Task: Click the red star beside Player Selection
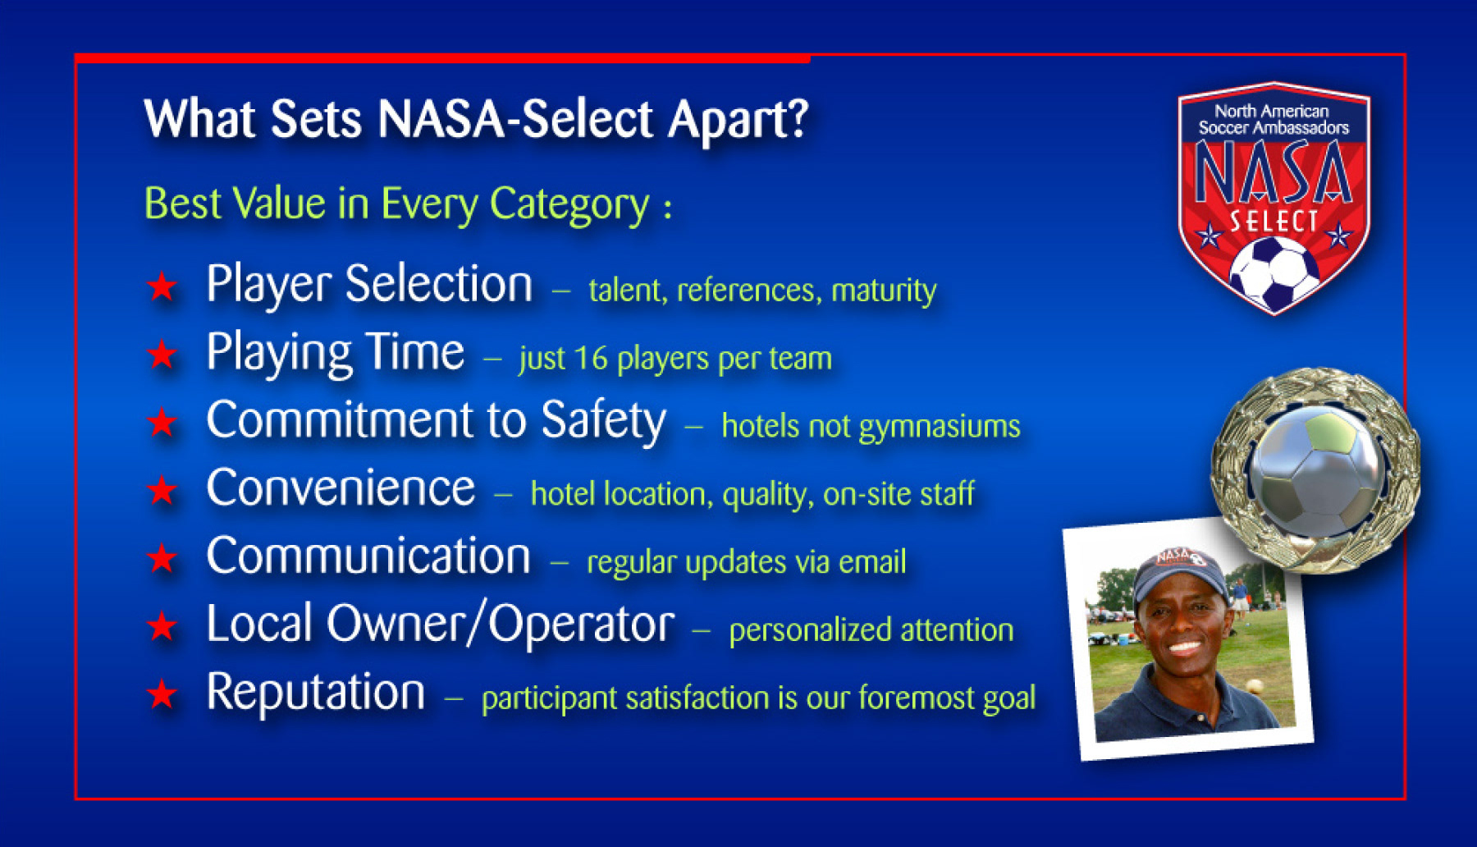coord(162,286)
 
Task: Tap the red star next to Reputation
coord(162,694)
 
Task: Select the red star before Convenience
coord(162,491)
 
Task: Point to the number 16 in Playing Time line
coord(590,358)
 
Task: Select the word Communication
coord(368,556)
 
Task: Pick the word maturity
coord(884,291)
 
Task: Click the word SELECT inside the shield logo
coord(1274,222)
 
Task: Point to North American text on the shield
coord(1272,111)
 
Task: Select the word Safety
coord(604,422)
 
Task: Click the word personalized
coord(810,630)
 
